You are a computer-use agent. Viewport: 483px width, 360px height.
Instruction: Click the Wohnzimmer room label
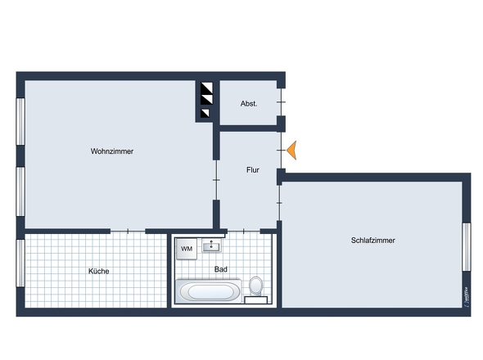[112, 151]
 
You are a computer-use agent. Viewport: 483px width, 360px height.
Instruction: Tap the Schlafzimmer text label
[372, 241]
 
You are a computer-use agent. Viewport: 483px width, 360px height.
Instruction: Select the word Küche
[99, 271]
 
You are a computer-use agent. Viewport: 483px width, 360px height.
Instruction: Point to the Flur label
[253, 170]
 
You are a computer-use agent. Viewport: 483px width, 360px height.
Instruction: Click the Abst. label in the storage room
[249, 104]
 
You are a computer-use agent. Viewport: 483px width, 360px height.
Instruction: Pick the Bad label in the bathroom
[220, 268]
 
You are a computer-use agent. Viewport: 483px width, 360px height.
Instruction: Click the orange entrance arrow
[291, 150]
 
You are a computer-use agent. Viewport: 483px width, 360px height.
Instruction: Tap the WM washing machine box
[187, 249]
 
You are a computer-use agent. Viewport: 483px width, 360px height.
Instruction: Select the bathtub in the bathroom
[209, 290]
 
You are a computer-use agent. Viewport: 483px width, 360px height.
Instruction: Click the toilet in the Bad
[256, 286]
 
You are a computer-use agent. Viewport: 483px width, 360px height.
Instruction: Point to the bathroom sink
[215, 245]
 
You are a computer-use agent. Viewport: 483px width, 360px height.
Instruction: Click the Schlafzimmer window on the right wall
[467, 246]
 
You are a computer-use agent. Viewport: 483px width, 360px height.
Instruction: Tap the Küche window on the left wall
[20, 263]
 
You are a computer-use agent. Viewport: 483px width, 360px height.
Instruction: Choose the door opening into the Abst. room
[280, 103]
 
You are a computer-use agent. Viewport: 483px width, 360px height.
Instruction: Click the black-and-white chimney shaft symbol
[206, 100]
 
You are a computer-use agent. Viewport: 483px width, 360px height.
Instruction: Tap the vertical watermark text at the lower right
[465, 296]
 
